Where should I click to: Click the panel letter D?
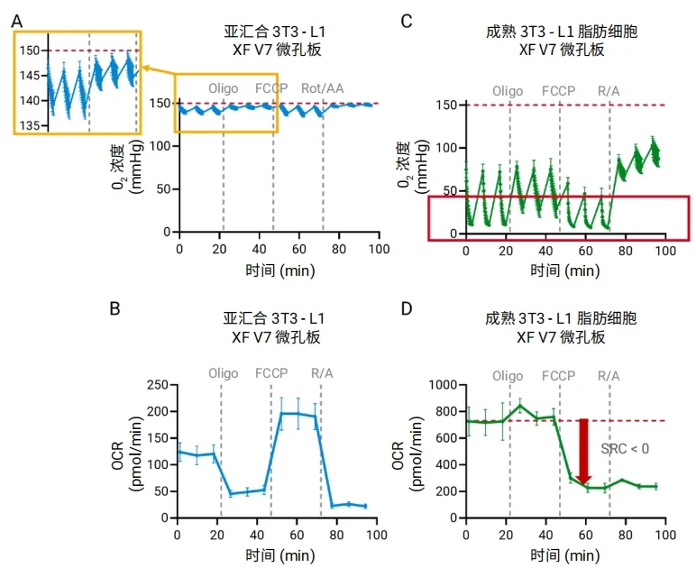point(406,308)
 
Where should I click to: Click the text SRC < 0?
point(626,449)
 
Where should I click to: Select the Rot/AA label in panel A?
point(323,89)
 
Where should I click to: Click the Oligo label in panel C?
point(508,91)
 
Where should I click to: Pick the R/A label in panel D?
point(609,373)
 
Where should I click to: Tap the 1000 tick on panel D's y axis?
point(439,385)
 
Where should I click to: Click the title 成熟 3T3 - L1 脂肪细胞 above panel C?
point(561,33)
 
